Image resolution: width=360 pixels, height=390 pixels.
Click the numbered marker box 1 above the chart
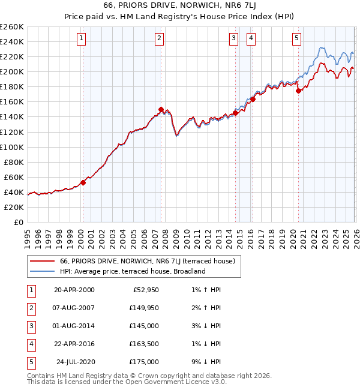[x=81, y=38]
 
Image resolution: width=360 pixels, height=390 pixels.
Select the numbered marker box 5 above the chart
[x=297, y=38]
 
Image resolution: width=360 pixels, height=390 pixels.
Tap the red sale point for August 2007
[x=161, y=109]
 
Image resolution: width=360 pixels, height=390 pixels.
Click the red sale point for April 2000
[x=83, y=182]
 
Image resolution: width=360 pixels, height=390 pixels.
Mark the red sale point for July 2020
[x=298, y=91]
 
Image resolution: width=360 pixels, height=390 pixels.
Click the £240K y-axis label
[x=11, y=41]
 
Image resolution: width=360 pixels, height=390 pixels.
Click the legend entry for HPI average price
[x=132, y=271]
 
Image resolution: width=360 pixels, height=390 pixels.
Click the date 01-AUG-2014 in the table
[x=74, y=326]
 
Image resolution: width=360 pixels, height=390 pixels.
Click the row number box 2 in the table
[x=31, y=308]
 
